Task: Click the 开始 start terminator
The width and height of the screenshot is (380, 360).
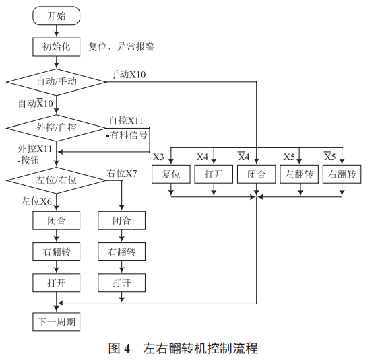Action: coord(57,15)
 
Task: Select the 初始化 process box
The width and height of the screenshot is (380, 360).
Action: coord(57,47)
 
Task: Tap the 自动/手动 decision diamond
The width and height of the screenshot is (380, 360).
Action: coord(57,81)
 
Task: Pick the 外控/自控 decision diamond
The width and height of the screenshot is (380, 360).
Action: coord(57,127)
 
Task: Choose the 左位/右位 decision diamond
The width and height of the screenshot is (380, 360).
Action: coord(57,180)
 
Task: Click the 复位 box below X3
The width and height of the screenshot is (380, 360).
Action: coord(172,175)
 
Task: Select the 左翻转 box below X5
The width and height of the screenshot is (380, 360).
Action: coord(300,175)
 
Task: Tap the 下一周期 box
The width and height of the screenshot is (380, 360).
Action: coord(57,322)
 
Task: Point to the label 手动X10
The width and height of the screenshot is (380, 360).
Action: coord(128,73)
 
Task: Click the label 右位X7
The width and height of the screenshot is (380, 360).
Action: coord(122,173)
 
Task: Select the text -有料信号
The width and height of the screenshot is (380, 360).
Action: coord(127,134)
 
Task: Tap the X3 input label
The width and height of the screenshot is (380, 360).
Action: coord(158,157)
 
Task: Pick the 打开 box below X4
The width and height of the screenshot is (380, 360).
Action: coord(214,175)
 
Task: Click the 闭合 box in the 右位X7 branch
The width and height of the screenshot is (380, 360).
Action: coord(122,221)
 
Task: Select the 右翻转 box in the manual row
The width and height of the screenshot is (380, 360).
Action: coord(342,175)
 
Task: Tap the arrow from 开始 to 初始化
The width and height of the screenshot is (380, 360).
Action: coord(57,30)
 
